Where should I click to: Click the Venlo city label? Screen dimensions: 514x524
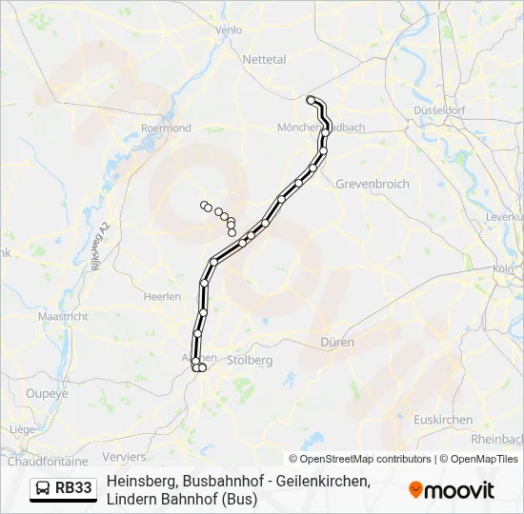(x=230, y=30)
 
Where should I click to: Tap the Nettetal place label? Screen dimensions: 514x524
(x=264, y=59)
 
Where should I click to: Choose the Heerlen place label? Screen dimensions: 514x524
(x=162, y=297)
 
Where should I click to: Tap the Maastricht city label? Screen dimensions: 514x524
(x=63, y=316)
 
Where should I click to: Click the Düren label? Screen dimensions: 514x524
(x=338, y=342)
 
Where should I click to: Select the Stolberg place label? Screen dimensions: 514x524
(x=251, y=361)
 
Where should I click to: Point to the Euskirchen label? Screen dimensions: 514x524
(x=444, y=420)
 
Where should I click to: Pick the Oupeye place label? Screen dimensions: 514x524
(x=47, y=393)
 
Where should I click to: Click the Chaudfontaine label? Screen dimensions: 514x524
(x=47, y=461)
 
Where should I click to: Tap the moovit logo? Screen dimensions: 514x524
(x=452, y=490)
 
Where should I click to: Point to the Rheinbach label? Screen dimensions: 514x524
(x=496, y=439)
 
